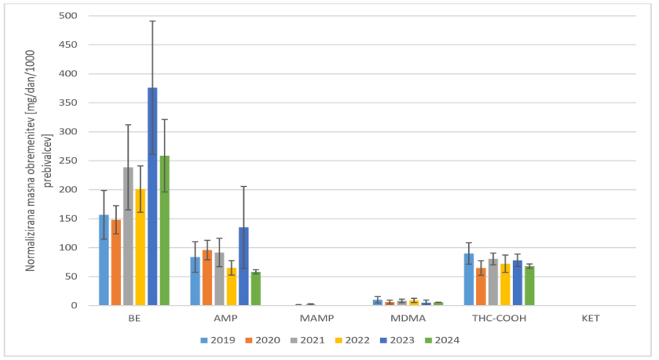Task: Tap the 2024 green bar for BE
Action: (x=165, y=230)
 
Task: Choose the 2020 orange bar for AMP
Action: (x=207, y=277)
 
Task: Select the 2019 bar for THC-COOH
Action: (x=469, y=279)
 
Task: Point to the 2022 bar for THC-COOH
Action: (x=505, y=285)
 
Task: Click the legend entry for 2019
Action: (x=216, y=340)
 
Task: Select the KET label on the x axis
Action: (x=591, y=318)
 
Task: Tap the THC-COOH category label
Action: (x=499, y=318)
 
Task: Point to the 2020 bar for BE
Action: (x=116, y=262)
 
